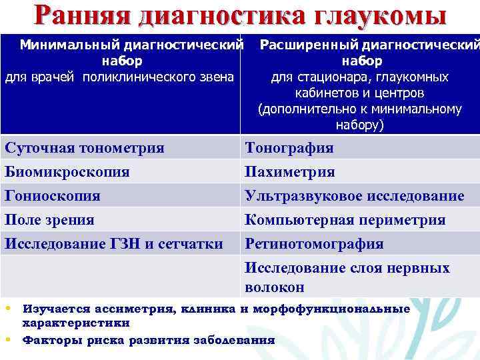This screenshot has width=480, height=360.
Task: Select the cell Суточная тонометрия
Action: click(x=84, y=148)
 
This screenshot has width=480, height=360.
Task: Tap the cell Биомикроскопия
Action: click(x=67, y=172)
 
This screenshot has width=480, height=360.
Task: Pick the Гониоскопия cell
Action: click(x=53, y=196)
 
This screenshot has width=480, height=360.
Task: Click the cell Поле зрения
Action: click(x=50, y=220)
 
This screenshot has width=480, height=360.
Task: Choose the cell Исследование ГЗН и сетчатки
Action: click(x=114, y=244)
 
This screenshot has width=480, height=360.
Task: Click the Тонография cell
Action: click(x=289, y=148)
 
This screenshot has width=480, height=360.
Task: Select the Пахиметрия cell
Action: click(x=290, y=172)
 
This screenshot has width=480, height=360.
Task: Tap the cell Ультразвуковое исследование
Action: click(x=355, y=196)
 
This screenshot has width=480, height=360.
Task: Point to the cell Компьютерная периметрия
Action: click(x=345, y=220)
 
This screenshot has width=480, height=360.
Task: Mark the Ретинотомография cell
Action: click(x=314, y=244)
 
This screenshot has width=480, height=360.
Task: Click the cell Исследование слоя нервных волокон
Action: click(x=347, y=277)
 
